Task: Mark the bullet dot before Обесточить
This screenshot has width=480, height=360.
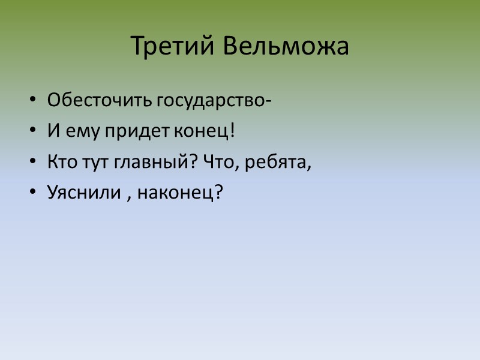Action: (32, 100)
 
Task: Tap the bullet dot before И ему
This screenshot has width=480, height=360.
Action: (32, 131)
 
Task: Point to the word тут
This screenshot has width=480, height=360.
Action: (89, 161)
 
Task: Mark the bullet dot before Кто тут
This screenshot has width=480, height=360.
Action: (32, 162)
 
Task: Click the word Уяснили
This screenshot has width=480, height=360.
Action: (84, 193)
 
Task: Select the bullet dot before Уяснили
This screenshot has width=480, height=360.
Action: (32, 193)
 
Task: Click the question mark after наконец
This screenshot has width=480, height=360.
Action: (218, 192)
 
